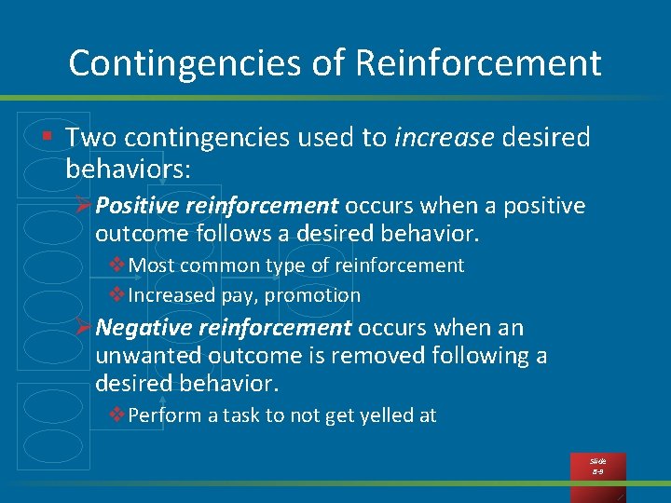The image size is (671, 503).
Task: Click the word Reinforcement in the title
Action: click(x=479, y=63)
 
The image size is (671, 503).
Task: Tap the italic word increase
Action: click(x=445, y=138)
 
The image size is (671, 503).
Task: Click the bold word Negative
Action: click(x=139, y=328)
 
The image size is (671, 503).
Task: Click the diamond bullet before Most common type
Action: click(x=117, y=265)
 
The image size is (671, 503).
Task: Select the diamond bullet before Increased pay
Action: click(x=117, y=295)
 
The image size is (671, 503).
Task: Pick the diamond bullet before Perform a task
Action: click(x=117, y=415)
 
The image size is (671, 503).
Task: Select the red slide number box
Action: click(x=597, y=466)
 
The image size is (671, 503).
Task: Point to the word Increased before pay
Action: click(x=171, y=295)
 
